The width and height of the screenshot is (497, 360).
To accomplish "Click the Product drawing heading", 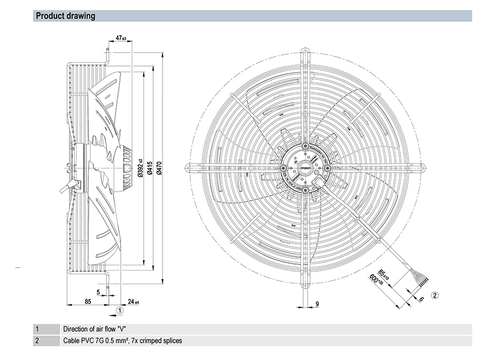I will point(66,16).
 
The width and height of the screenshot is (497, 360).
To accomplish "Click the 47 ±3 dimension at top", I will point(121,38).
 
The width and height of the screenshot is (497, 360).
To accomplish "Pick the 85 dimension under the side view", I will point(87,301).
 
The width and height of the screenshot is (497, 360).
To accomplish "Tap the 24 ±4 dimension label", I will point(133,301).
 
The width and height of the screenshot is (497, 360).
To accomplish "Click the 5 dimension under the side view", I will point(98,291).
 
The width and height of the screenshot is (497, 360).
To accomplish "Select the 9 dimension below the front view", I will point(317,304).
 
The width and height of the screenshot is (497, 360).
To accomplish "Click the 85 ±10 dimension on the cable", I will point(383,274).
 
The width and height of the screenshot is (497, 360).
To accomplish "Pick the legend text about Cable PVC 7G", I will point(122,341).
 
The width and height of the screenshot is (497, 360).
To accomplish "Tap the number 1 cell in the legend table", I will point(36,329).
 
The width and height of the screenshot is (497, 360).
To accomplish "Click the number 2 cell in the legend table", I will point(36,341).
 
